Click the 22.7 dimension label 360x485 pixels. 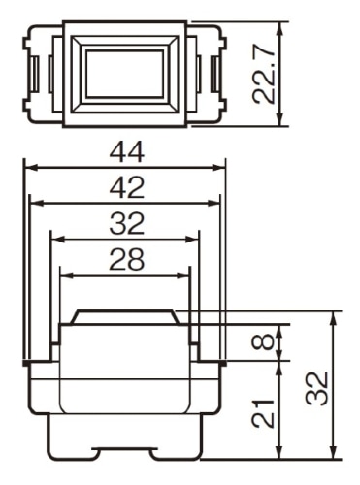pyautogui.click(x=263, y=75)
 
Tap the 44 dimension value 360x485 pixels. pyautogui.click(x=126, y=152)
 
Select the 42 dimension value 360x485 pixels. pyautogui.click(x=126, y=187)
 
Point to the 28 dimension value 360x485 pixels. pyautogui.click(x=126, y=259)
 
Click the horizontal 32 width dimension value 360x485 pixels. pyautogui.click(x=126, y=223)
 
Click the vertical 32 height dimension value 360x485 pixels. pyautogui.click(x=317, y=388)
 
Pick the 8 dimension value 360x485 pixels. pyautogui.click(x=267, y=341)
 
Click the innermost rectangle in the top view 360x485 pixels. pyautogui.click(x=124, y=74)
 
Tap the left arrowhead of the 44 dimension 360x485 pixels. pyautogui.click(x=32, y=168)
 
